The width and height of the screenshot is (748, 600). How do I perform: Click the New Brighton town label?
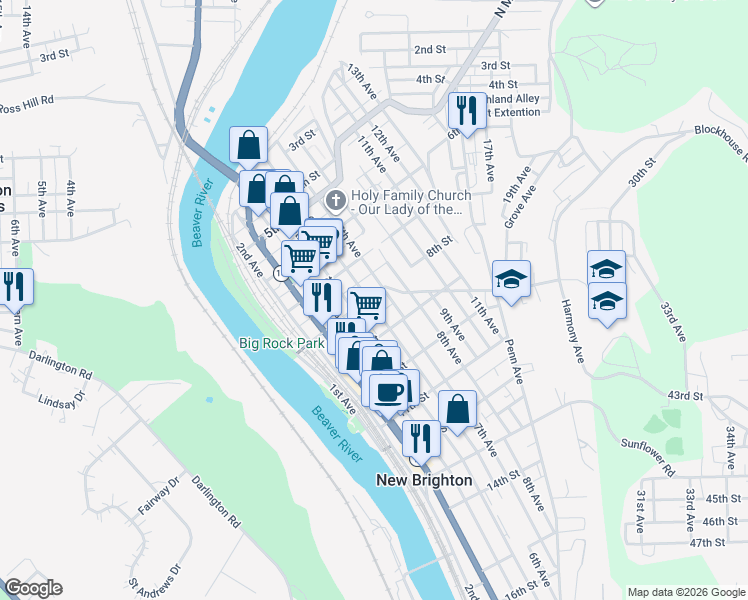(424, 480)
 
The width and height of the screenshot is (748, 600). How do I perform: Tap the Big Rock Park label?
(282, 343)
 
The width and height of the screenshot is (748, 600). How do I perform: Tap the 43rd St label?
(686, 396)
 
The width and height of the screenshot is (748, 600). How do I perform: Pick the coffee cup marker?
(388, 391)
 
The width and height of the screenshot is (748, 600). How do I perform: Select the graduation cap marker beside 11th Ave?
(511, 278)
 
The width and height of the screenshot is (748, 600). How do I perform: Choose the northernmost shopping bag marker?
(248, 145)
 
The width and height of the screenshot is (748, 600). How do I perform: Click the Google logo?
(32, 588)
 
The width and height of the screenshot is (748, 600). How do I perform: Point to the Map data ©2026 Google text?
(685, 592)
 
